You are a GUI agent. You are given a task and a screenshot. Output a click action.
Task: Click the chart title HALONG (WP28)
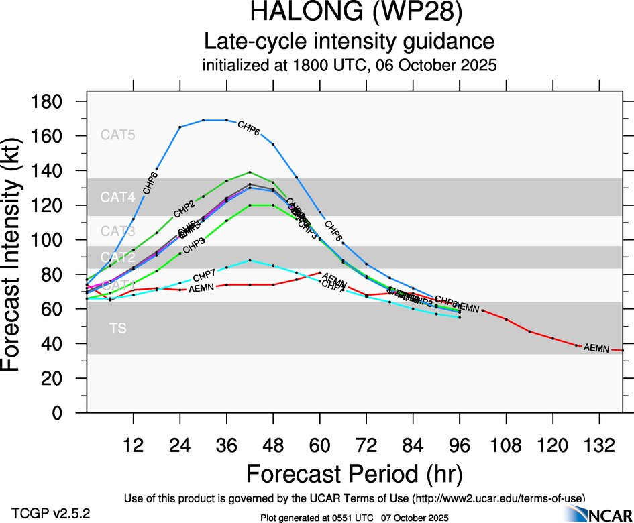click(350, 13)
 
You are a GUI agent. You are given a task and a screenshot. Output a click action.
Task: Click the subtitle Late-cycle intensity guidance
click(350, 42)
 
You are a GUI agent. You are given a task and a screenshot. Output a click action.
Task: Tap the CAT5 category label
click(117, 135)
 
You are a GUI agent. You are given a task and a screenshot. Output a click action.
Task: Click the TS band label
click(117, 328)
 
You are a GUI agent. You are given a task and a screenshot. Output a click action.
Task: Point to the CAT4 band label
click(117, 198)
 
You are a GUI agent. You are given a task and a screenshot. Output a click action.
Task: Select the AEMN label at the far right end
click(596, 348)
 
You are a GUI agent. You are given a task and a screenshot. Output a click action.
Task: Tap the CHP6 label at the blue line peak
click(249, 127)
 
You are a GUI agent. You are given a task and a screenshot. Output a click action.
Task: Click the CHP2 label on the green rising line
click(184, 209)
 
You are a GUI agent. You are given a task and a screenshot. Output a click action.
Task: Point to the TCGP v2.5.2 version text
click(50, 513)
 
